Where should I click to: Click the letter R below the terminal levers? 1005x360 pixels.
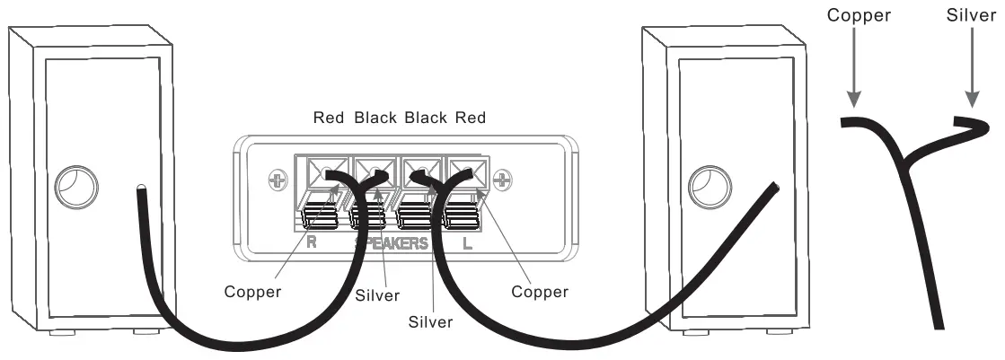click(311, 243)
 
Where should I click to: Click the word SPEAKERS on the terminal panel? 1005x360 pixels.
click(392, 243)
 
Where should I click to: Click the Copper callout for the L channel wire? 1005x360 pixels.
click(539, 292)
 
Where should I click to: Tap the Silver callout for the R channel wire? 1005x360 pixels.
click(377, 294)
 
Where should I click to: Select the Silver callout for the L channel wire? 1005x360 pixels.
click(429, 320)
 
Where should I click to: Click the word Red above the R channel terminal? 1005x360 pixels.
click(329, 118)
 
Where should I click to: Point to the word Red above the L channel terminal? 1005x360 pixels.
click(471, 118)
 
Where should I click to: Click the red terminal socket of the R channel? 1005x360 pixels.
click(322, 171)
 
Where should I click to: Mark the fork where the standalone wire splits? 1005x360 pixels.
click(907, 162)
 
